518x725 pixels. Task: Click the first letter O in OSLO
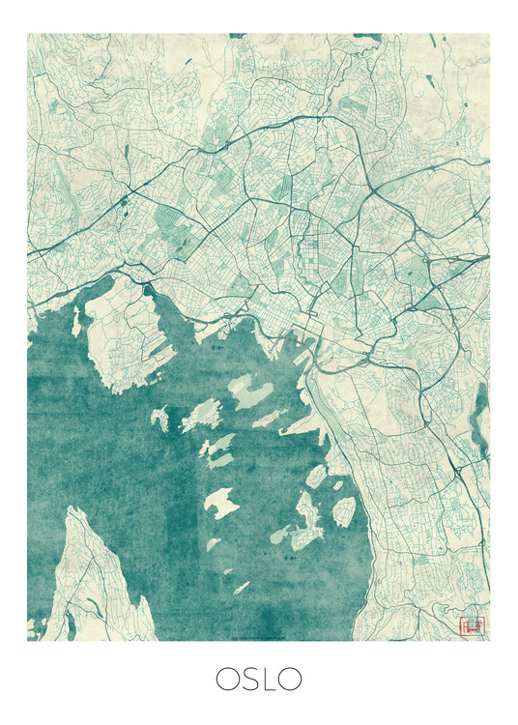[229, 679]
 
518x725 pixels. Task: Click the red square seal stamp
[473, 625]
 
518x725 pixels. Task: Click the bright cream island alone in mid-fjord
[220, 502]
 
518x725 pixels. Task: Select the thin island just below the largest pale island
[270, 419]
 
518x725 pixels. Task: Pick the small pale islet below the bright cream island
[241, 587]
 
